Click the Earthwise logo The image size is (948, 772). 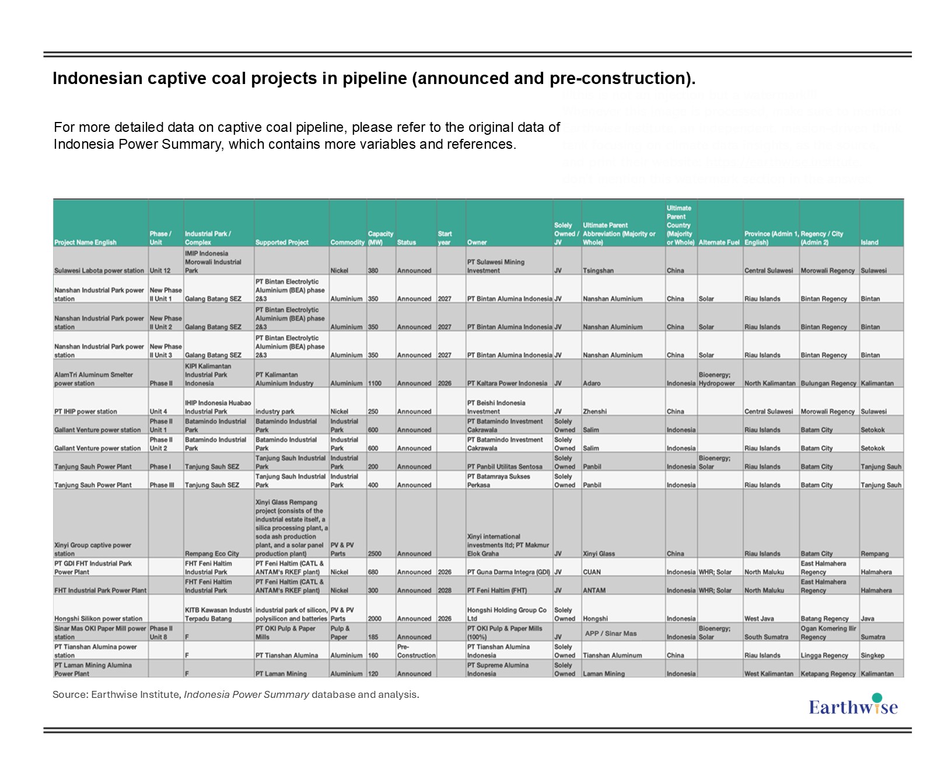point(853,705)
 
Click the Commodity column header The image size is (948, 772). point(347,242)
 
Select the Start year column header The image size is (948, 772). point(445,238)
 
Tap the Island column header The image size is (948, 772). point(869,242)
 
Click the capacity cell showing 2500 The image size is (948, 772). point(375,554)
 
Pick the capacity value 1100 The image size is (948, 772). point(375,383)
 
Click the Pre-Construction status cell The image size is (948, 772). point(416,651)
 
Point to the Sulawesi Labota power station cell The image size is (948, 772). point(99,271)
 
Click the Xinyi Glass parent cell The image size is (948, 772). point(599,554)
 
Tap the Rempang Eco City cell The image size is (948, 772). point(212,554)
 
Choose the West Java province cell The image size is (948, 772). point(759,619)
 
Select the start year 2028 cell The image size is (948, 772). point(445,591)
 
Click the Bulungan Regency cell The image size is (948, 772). point(828,383)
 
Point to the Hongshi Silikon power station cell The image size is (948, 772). point(98,619)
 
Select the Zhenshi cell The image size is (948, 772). point(595,411)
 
